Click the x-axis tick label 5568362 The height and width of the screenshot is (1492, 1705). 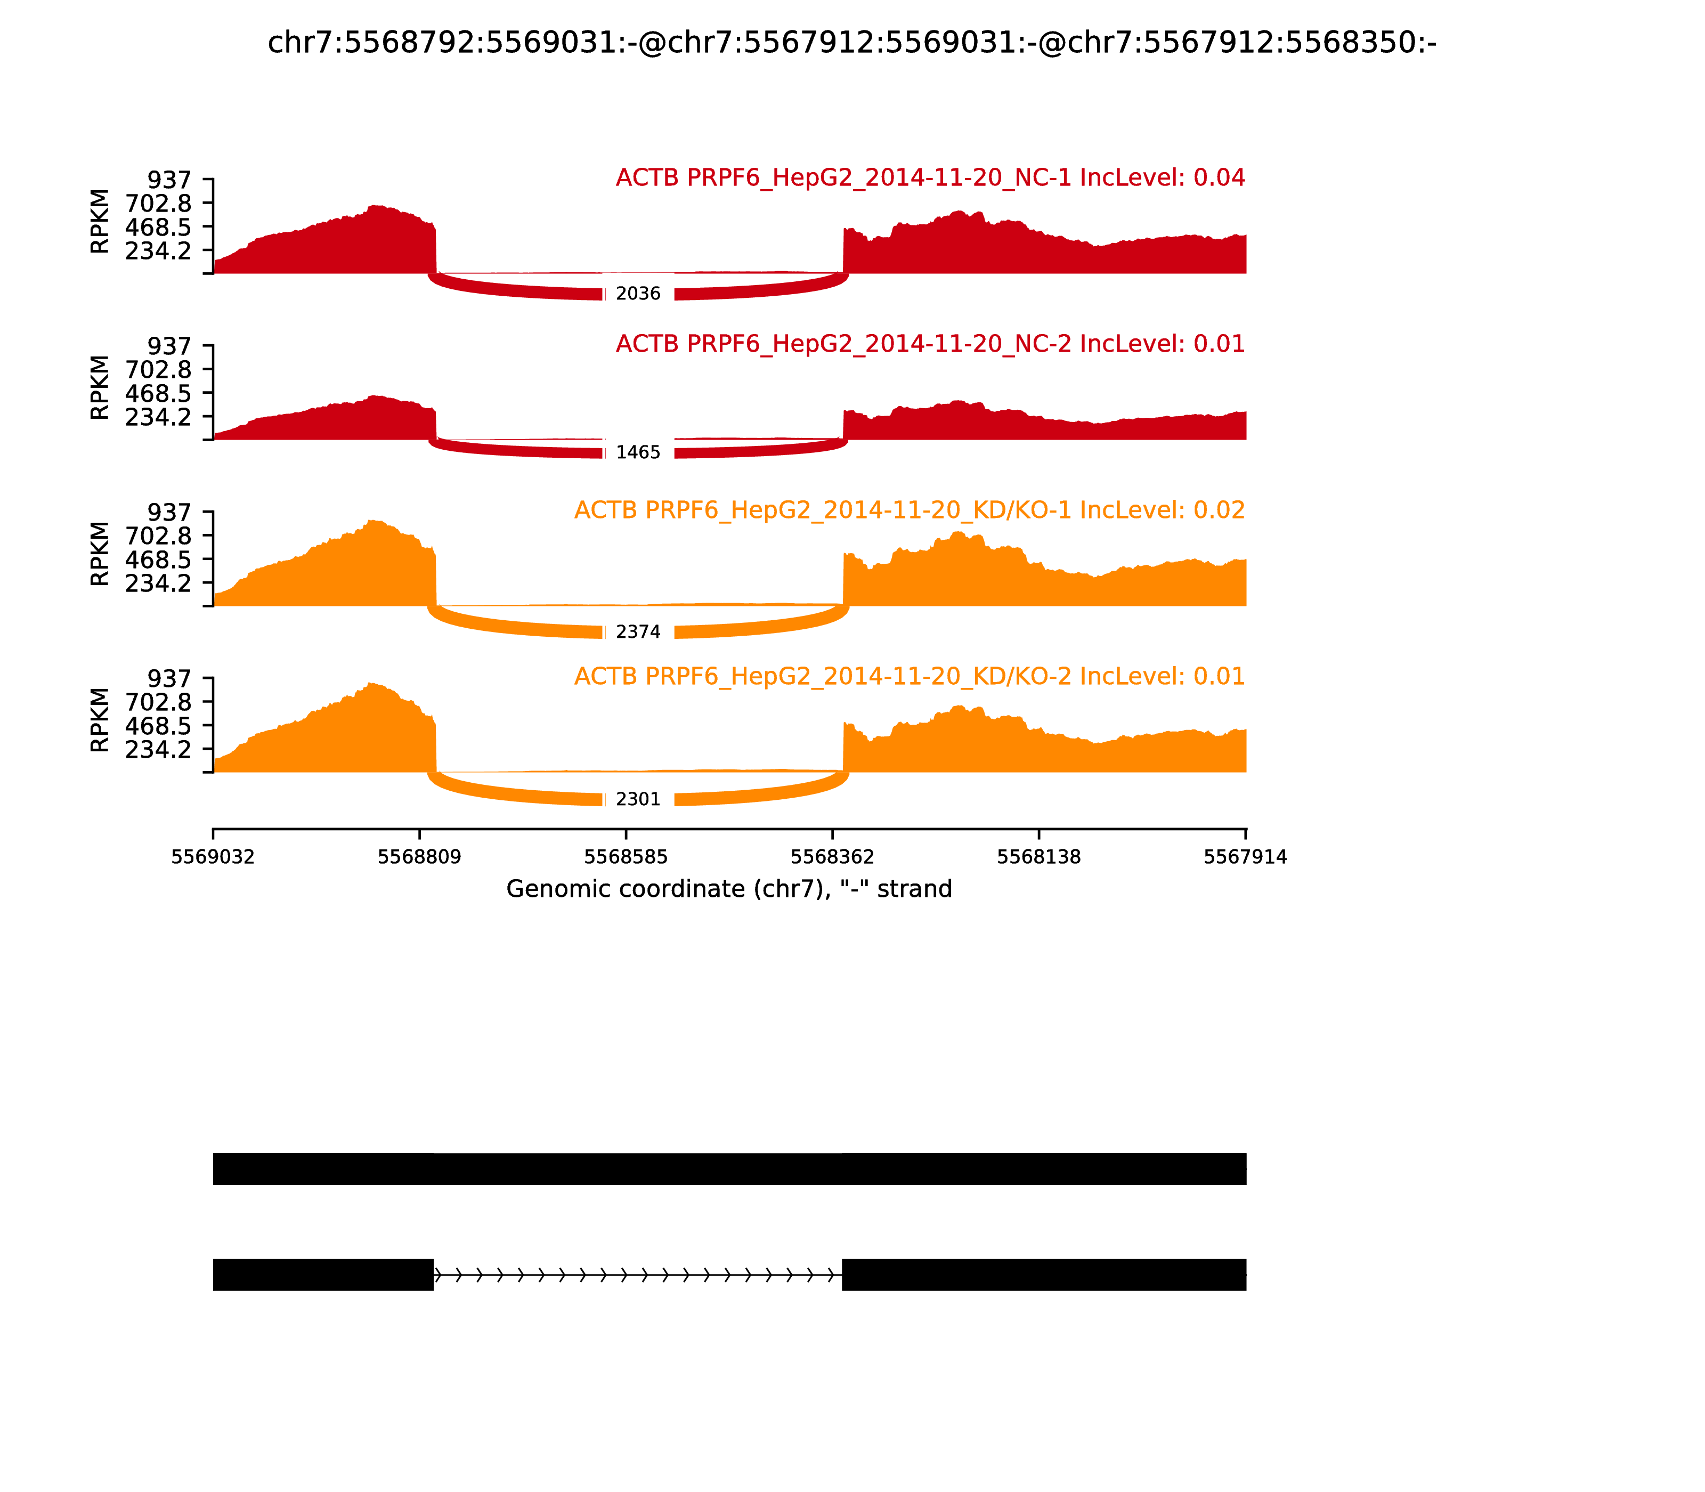[x=832, y=857]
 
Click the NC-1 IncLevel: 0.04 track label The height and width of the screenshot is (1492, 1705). [x=930, y=178]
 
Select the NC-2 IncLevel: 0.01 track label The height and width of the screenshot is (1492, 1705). [x=930, y=344]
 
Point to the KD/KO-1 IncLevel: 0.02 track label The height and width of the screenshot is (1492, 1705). [x=909, y=510]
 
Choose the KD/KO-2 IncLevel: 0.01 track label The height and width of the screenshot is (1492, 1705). [x=909, y=676]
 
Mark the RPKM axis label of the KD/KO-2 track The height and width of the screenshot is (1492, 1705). [x=99, y=720]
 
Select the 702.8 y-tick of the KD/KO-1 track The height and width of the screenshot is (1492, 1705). [x=158, y=536]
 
